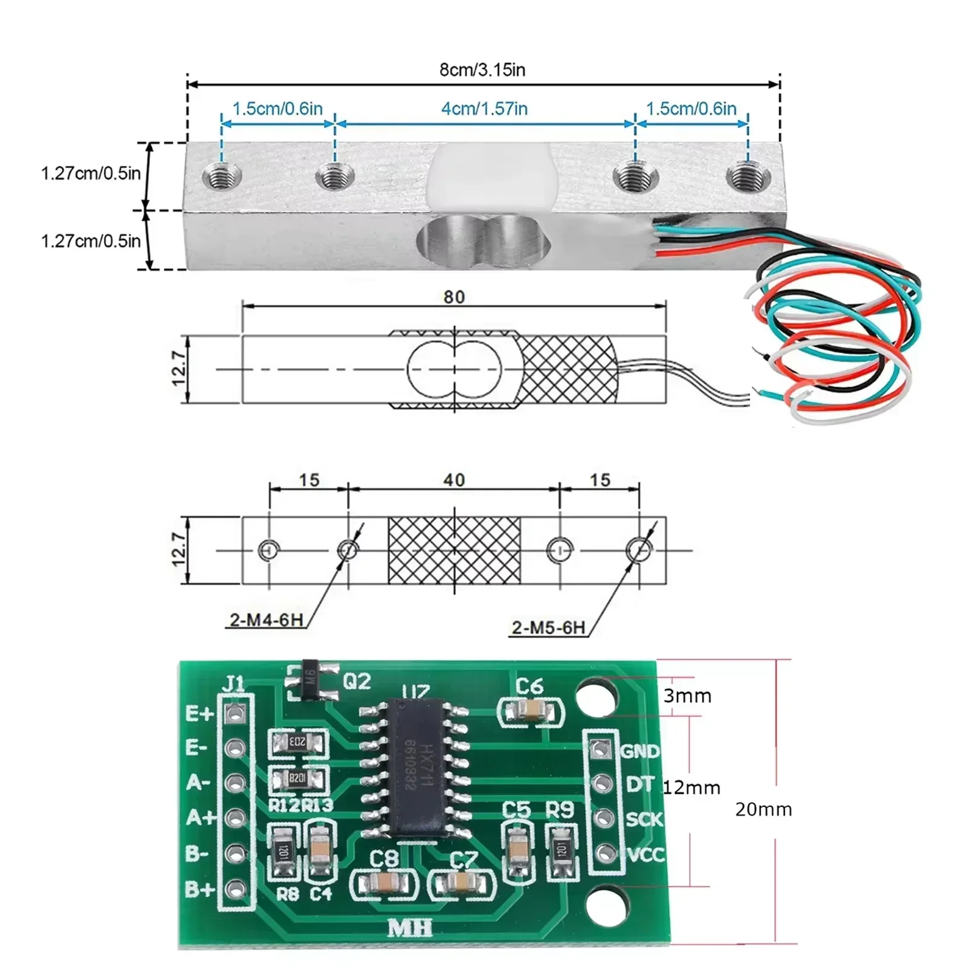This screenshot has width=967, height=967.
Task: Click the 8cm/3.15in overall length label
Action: tap(482, 70)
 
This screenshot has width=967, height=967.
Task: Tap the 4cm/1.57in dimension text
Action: tap(484, 109)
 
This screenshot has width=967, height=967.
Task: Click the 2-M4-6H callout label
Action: tap(266, 620)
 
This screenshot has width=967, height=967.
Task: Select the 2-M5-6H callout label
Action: tap(548, 628)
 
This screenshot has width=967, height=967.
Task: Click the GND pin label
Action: tap(640, 751)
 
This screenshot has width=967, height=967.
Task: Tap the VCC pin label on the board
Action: tap(645, 855)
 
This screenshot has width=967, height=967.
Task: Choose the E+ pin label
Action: tap(199, 714)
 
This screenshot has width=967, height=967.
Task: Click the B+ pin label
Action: tap(199, 890)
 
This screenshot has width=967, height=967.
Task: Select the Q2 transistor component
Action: tap(311, 681)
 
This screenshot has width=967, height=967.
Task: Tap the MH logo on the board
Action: tap(409, 928)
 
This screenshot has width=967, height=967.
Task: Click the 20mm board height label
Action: tap(763, 810)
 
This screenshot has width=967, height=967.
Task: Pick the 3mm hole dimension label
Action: tap(687, 696)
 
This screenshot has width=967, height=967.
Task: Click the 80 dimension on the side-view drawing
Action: tap(454, 297)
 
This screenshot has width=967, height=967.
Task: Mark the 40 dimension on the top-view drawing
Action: tap(454, 480)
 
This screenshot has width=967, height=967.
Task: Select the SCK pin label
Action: tap(644, 820)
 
